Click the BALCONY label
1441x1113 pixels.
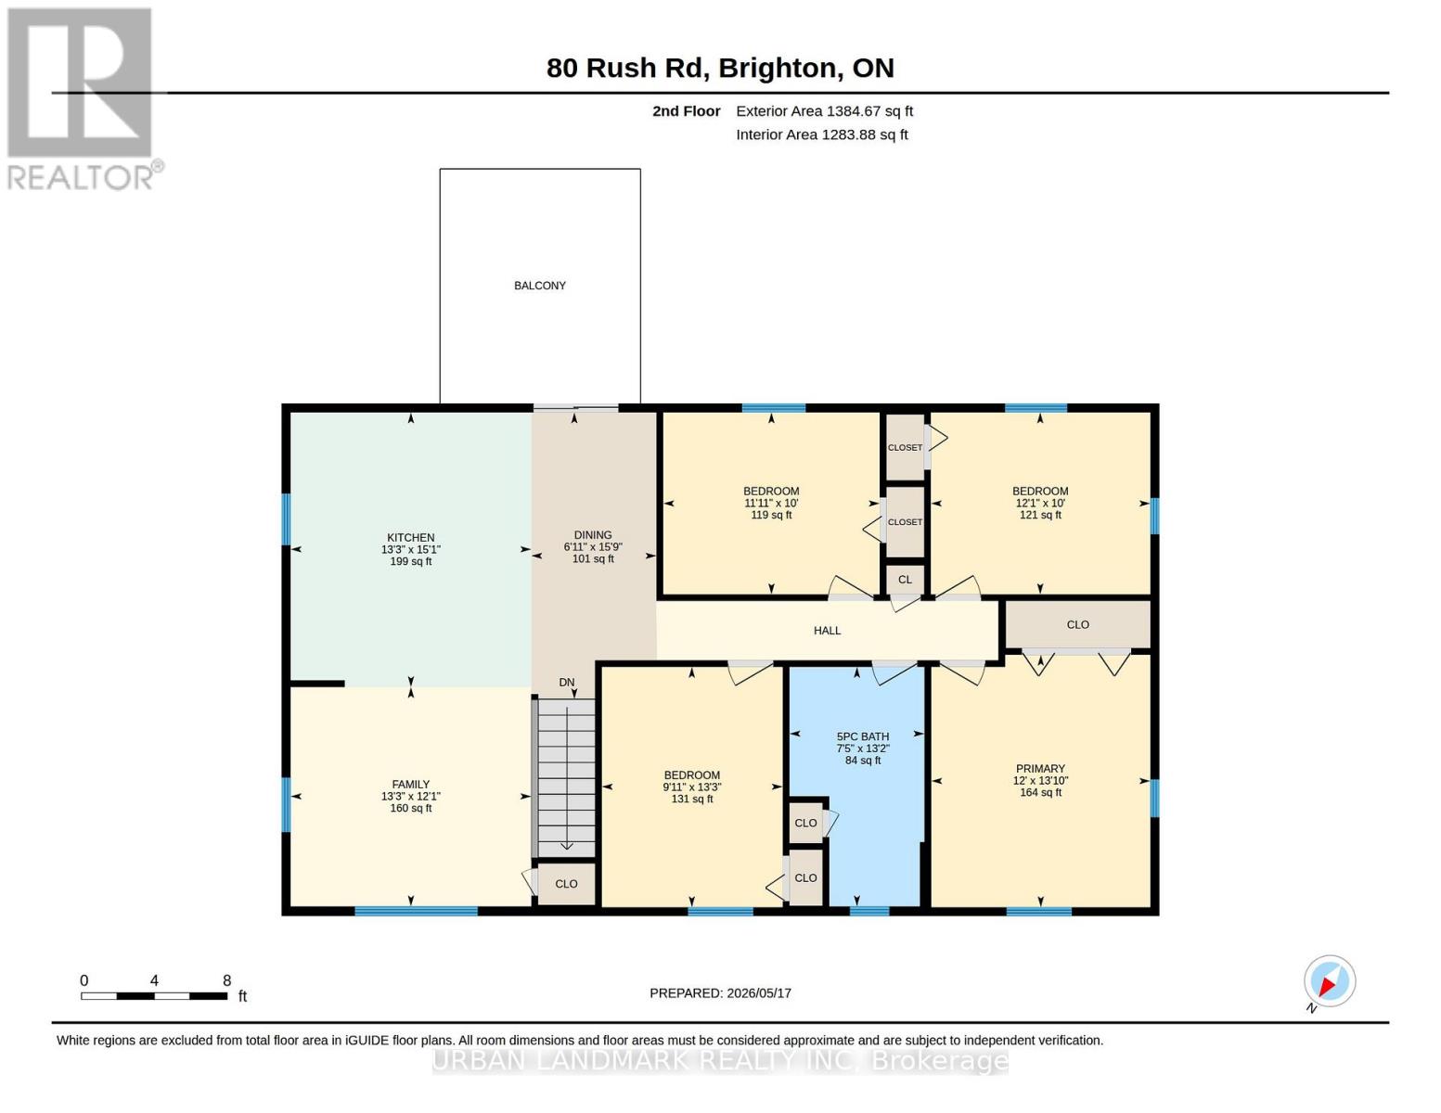click(540, 286)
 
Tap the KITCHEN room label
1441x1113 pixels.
click(410, 538)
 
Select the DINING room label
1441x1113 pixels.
click(593, 535)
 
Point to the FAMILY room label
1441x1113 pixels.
click(410, 785)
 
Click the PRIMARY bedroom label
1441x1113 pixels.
click(1040, 768)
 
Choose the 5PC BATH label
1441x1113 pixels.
click(863, 736)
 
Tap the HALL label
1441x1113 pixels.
click(827, 631)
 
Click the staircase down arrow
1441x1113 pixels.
click(567, 778)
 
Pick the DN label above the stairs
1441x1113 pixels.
click(566, 682)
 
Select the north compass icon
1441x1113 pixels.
click(1329, 981)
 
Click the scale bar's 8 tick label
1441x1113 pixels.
click(226, 980)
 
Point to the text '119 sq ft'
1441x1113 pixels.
click(771, 515)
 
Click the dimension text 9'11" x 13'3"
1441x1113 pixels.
click(691, 787)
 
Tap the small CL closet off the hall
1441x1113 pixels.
click(906, 580)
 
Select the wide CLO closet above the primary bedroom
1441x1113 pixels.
click(1077, 624)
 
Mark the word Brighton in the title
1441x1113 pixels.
click(778, 69)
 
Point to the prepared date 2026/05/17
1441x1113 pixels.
click(759, 993)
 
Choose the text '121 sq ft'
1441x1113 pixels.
click(1040, 515)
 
